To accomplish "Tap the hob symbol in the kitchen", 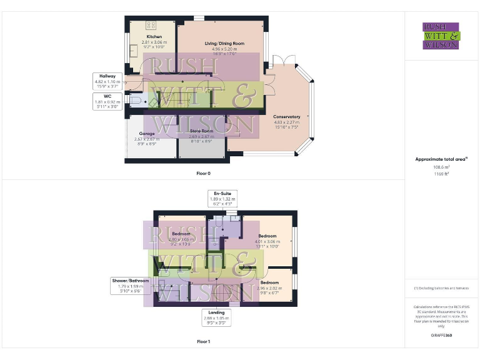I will pyautogui.click(x=151, y=25).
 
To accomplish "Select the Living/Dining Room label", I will pyautogui.click(x=224, y=43).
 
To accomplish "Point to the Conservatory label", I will pyautogui.click(x=287, y=117).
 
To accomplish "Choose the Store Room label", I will pyautogui.click(x=201, y=131).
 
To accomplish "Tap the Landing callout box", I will pyautogui.click(x=216, y=317).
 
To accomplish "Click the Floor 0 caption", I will pyautogui.click(x=203, y=171).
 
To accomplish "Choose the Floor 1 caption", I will pyautogui.click(x=203, y=342).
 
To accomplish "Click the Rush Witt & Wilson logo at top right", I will pyautogui.click(x=441, y=36).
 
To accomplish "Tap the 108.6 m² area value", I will pyautogui.click(x=441, y=167).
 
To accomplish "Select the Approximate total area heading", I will pyautogui.click(x=441, y=159).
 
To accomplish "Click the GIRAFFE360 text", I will pyautogui.click(x=441, y=336).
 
